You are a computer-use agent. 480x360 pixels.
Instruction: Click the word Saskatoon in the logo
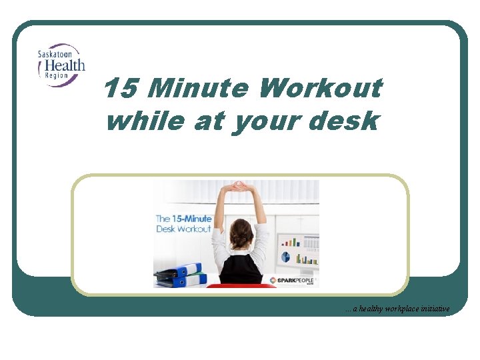[x=53, y=54]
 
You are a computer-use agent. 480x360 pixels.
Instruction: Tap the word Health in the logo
[x=62, y=65]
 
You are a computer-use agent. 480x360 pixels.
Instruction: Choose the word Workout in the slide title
[x=321, y=88]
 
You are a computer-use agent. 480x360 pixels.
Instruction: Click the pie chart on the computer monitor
[x=285, y=257]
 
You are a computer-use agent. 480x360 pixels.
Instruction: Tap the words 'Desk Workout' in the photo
[x=183, y=229]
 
